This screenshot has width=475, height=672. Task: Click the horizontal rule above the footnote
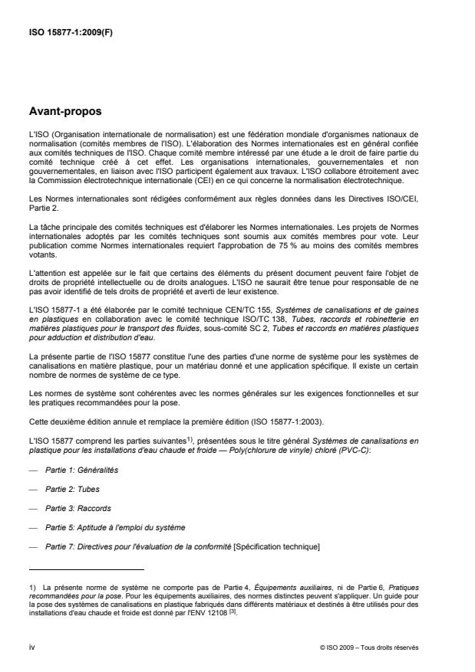pos(86,570)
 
